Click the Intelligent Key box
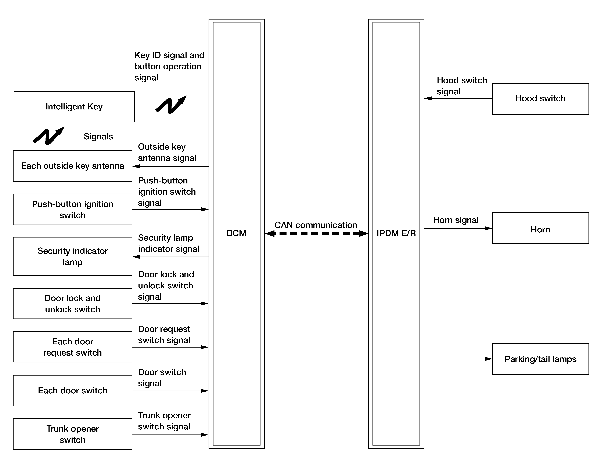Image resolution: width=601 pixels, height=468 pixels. [74, 107]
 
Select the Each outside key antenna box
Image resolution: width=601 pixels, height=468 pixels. [73, 166]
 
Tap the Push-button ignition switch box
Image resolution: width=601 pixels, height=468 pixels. [73, 209]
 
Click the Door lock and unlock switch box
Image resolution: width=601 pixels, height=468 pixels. [73, 304]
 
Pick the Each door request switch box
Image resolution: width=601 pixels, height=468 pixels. [73, 347]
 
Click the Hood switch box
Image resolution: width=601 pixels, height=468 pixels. [540, 99]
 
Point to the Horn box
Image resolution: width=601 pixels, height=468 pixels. [540, 228]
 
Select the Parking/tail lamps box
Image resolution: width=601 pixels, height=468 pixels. [540, 359]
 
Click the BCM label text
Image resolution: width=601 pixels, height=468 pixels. [236, 233]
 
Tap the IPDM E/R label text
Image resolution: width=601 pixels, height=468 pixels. [396, 233]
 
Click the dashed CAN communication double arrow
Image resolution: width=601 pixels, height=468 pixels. [316, 234]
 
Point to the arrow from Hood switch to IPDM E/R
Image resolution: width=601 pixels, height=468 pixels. [458, 98]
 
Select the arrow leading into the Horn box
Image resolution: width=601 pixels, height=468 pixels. [458, 228]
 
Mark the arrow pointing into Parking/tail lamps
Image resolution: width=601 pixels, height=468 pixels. [458, 359]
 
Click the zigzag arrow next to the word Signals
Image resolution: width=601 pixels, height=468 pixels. [49, 136]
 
